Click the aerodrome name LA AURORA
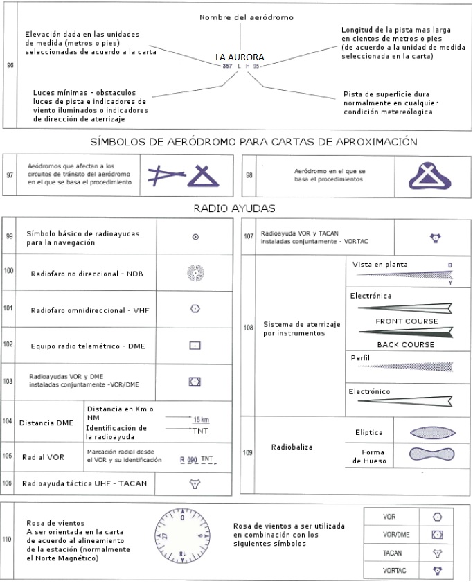tap(240, 56)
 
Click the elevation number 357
tap(227, 66)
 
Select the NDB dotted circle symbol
tap(196, 273)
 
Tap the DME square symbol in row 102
tap(196, 344)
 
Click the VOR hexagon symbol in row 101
tap(196, 309)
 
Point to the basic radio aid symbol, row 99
tap(196, 237)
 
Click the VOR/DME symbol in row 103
tap(195, 381)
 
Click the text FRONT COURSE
tap(407, 321)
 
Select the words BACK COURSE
tap(406, 344)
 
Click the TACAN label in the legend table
tap(393, 553)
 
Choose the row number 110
tap(9, 538)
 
